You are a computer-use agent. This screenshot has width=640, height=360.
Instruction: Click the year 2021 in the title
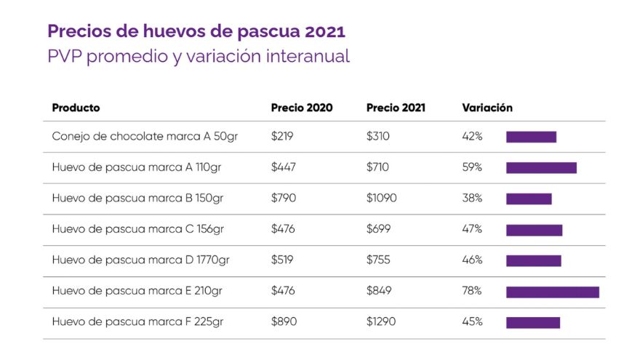[x=325, y=32]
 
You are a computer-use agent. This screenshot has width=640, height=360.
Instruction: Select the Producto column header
[x=76, y=108]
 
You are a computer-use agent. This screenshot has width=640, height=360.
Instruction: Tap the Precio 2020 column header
[x=302, y=108]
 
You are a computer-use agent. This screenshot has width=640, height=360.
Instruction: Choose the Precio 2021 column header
[x=396, y=108]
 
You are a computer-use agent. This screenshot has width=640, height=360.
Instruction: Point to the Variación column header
[x=487, y=108]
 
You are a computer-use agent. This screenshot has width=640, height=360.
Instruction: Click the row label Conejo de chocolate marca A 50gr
[x=145, y=136]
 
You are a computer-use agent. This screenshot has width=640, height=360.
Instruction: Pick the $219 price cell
[x=282, y=136]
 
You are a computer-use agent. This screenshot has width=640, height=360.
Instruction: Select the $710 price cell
[x=377, y=167]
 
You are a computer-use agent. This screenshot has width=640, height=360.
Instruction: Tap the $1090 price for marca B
[x=381, y=199]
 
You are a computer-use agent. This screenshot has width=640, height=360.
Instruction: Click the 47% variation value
[x=472, y=229]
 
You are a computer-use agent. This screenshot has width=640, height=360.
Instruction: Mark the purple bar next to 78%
[x=553, y=292]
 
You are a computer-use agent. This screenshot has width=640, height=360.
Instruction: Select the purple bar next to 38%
[x=529, y=199]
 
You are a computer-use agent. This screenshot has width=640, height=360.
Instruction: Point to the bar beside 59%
[x=541, y=167]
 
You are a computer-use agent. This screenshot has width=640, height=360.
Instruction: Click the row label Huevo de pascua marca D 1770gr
[x=141, y=260]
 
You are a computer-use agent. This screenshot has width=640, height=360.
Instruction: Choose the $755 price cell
[x=378, y=260]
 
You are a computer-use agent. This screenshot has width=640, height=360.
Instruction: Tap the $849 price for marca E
[x=379, y=291]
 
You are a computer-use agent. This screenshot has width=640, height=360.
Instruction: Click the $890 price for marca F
[x=284, y=321]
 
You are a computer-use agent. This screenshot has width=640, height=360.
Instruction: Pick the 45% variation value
[x=472, y=321]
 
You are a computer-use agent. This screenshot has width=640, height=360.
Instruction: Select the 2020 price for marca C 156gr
[x=284, y=229]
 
